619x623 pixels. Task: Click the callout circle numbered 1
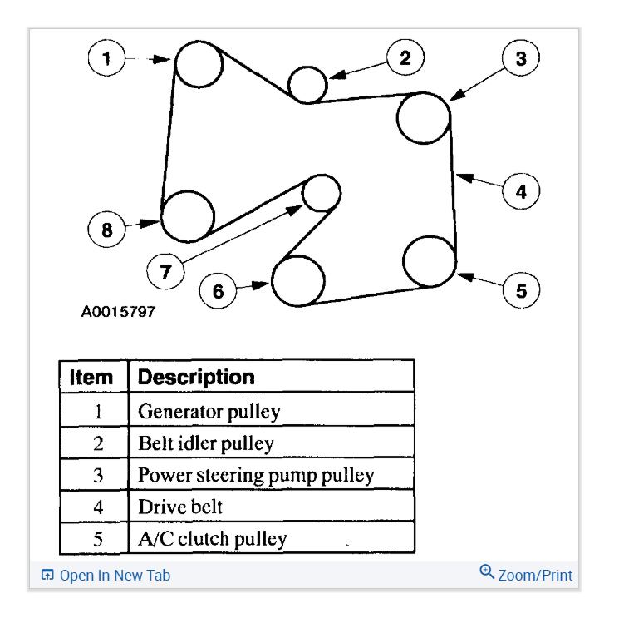(x=106, y=58)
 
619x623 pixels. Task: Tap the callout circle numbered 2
(x=405, y=57)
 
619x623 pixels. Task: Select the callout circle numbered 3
(x=520, y=58)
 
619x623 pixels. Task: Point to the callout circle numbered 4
(x=521, y=191)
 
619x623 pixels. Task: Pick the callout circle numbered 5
(x=521, y=290)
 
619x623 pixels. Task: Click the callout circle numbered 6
(x=219, y=290)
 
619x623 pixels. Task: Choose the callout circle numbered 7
(x=165, y=270)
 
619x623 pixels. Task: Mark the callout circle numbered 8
(x=106, y=229)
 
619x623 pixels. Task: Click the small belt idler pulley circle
(x=307, y=83)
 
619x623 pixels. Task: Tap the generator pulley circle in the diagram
(x=199, y=63)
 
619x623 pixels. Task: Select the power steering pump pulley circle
(x=423, y=118)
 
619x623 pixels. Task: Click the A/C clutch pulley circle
(x=430, y=260)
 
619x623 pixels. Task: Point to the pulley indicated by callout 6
(x=298, y=281)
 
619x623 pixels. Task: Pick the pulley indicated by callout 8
(x=187, y=215)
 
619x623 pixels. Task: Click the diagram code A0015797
(x=118, y=313)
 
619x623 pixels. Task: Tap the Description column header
(x=196, y=377)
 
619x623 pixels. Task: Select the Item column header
(x=91, y=377)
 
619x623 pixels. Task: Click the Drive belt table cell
(x=180, y=507)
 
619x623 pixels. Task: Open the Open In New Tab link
(x=106, y=575)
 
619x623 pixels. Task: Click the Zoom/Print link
(x=526, y=574)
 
